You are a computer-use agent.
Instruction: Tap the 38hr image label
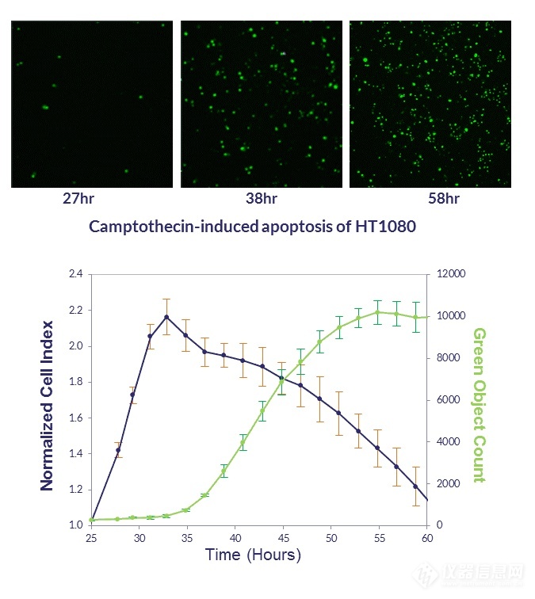[262, 198]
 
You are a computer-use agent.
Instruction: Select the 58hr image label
[430, 198]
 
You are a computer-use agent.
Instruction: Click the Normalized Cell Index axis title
[47, 405]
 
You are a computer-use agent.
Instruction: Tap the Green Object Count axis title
[479, 405]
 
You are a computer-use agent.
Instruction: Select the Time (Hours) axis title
[253, 555]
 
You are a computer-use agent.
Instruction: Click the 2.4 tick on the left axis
[76, 275]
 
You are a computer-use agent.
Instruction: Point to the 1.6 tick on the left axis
[76, 418]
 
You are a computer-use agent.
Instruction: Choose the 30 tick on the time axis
[139, 538]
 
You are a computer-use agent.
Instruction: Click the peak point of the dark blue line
[166, 317]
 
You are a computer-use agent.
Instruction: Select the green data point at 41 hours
[243, 443]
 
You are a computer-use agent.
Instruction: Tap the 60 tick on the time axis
[427, 538]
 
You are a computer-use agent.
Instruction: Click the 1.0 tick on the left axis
[76, 525]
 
